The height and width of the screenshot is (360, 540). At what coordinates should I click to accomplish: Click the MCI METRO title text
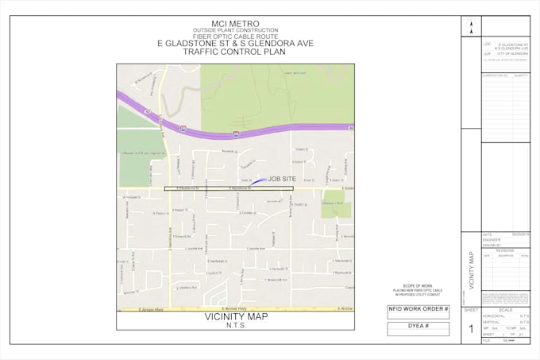click(236, 23)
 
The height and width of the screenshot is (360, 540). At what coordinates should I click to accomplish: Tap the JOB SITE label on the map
click(282, 180)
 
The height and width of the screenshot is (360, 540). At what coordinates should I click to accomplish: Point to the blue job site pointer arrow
click(260, 181)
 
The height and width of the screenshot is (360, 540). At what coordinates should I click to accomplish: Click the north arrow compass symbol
click(471, 26)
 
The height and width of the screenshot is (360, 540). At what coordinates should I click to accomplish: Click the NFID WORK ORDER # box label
click(418, 308)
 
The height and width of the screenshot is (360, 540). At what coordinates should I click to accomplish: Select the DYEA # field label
click(418, 326)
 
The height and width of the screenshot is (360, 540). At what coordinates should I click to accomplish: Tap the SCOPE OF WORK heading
click(417, 285)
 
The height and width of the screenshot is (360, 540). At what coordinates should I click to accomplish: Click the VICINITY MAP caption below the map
click(236, 316)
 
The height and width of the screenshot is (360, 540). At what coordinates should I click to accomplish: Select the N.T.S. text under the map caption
click(236, 325)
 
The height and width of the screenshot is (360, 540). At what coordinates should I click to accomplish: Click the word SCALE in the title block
click(505, 310)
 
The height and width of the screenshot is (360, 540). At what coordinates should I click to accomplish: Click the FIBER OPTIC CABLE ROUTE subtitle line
click(236, 37)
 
